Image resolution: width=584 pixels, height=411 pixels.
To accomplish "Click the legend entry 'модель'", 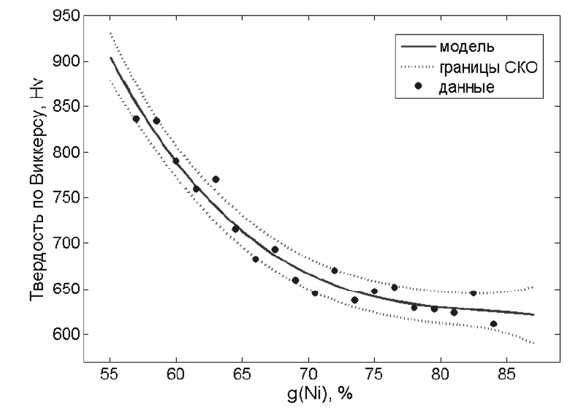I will (468, 48).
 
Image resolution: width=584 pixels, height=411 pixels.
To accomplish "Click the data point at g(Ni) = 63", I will (216, 179).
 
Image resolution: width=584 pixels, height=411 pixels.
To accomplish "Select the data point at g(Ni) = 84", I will (493, 324).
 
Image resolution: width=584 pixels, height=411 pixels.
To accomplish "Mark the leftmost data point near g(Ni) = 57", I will (136, 119).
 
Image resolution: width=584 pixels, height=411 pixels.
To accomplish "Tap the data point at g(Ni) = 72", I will (334, 271).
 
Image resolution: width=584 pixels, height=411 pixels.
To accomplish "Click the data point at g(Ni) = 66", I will (255, 259).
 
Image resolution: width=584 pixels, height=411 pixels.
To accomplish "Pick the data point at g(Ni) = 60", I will (175, 161).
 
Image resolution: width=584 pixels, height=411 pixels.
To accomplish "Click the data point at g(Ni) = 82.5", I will (473, 293).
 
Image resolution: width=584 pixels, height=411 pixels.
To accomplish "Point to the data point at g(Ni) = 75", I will (374, 291).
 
